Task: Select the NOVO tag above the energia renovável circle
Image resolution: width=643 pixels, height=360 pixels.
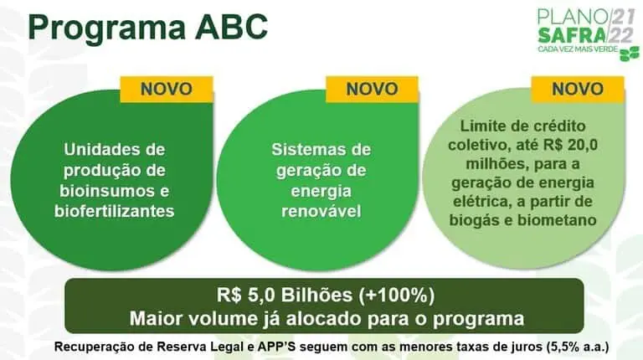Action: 372,89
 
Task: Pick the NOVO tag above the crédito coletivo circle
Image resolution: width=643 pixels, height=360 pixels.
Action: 577,89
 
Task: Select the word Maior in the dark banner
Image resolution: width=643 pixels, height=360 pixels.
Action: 160,319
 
